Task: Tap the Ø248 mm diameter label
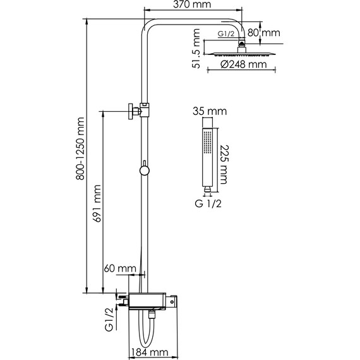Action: click(x=241, y=64)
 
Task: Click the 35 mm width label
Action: click(x=209, y=112)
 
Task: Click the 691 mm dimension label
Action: click(x=98, y=201)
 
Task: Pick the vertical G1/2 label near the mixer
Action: click(x=109, y=320)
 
